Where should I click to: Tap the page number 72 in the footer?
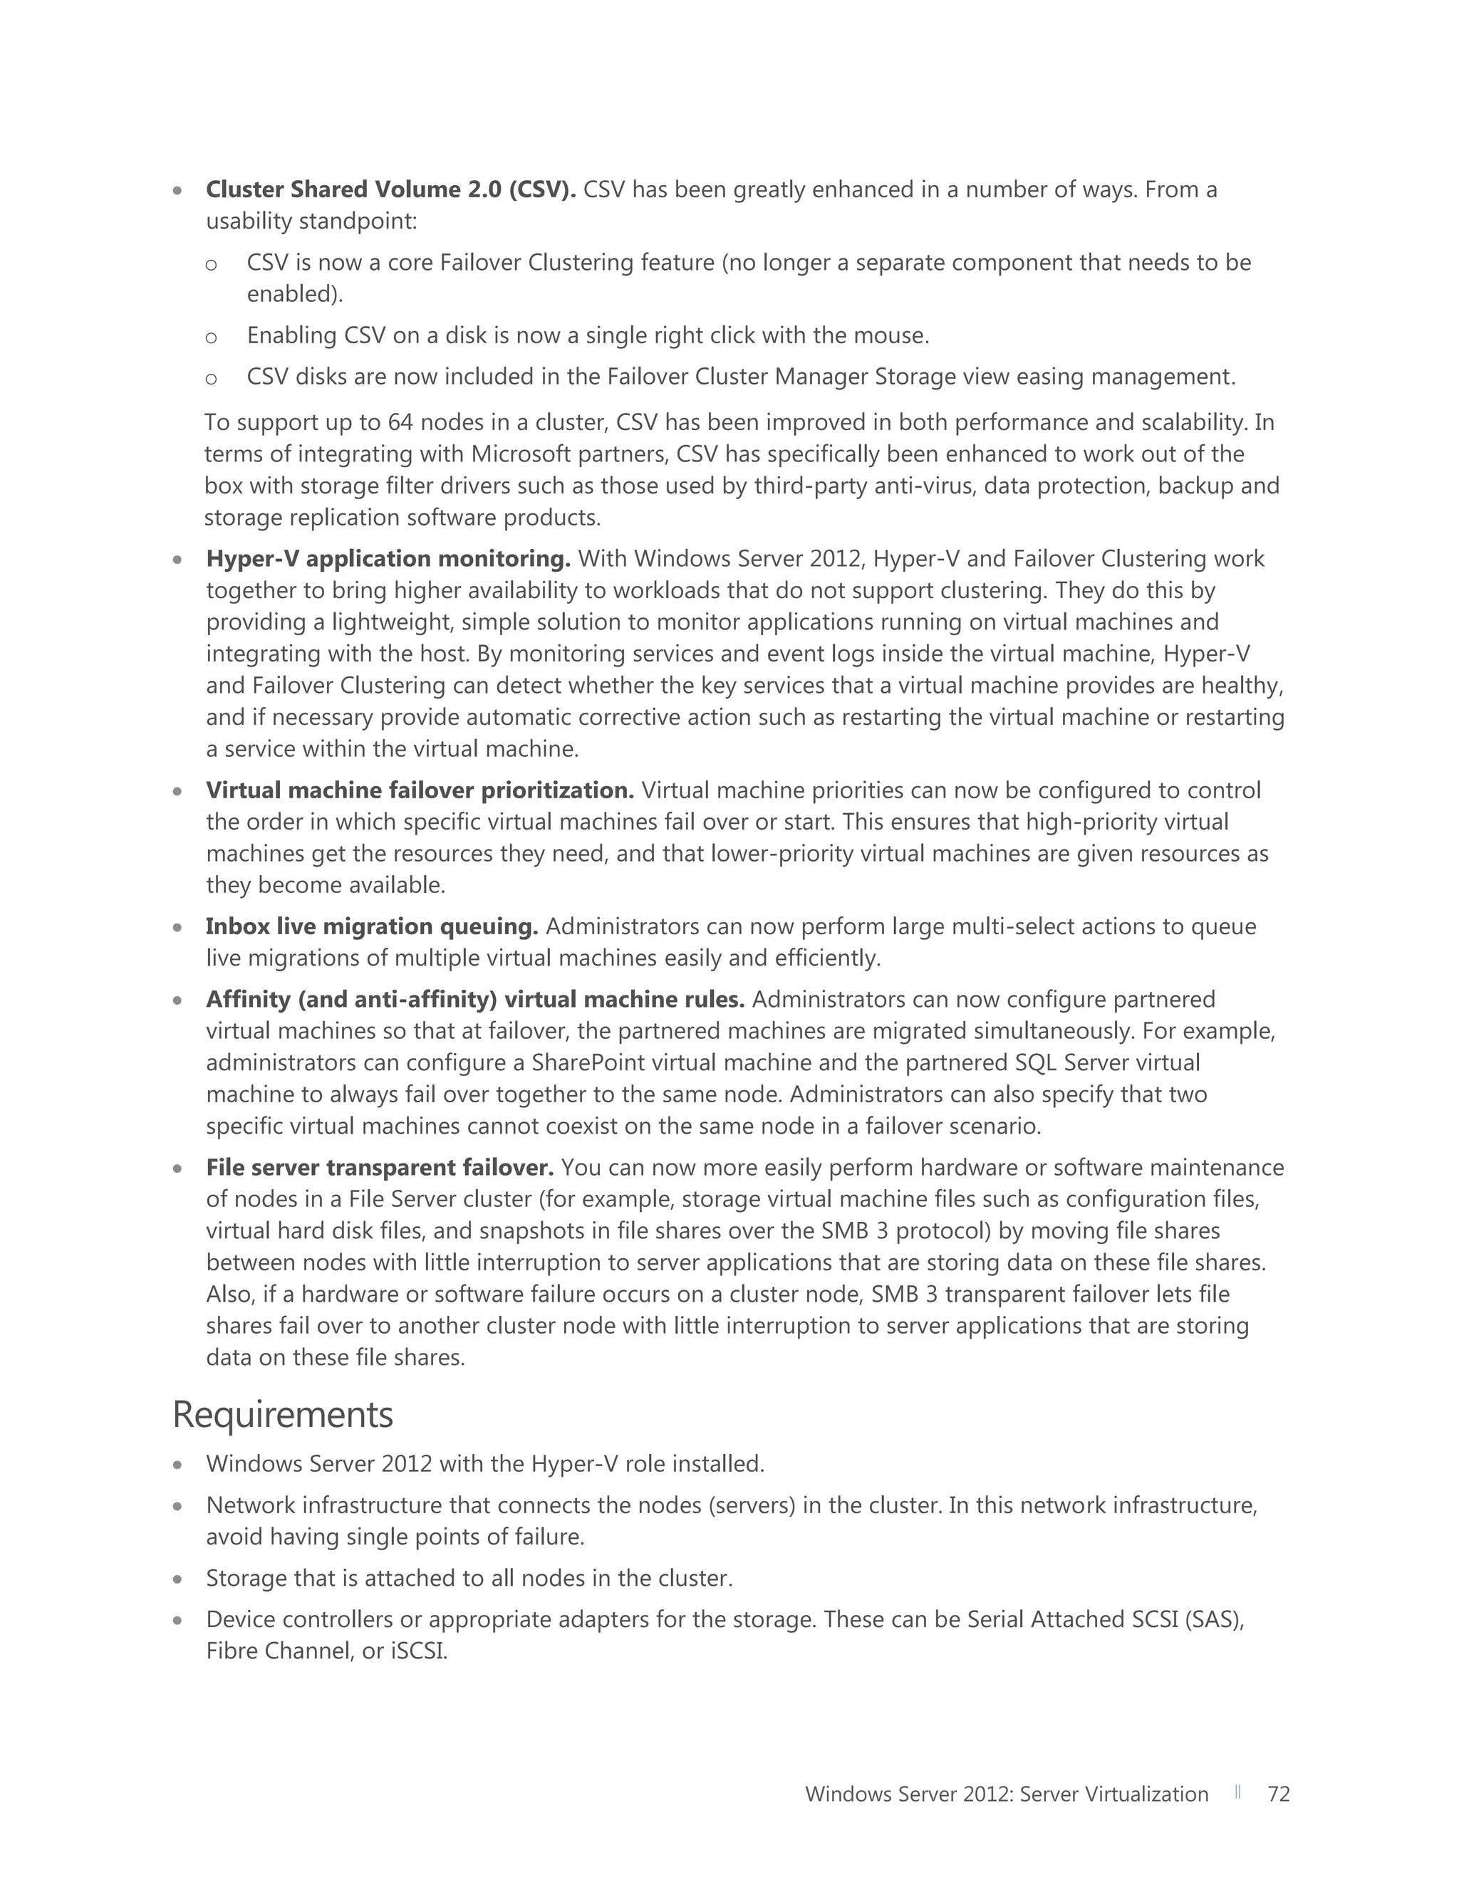[1277, 1794]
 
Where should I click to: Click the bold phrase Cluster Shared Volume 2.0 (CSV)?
[390, 189]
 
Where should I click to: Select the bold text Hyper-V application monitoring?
[388, 559]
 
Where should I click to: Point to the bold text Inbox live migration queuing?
[372, 926]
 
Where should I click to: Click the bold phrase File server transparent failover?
[380, 1167]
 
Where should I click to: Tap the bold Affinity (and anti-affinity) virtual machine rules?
[474, 1000]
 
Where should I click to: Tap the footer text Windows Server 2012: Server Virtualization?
[1006, 1794]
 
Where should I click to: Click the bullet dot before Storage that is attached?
[177, 1579]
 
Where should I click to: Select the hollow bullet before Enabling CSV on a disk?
[211, 337]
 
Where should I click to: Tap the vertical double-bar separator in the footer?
[1237, 1792]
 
